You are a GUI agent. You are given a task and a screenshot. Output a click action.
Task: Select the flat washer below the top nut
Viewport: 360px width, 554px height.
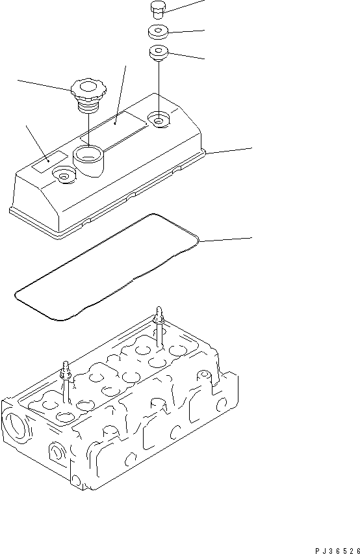click(x=159, y=31)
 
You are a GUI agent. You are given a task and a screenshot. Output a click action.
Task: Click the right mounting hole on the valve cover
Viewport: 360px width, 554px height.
click(x=158, y=118)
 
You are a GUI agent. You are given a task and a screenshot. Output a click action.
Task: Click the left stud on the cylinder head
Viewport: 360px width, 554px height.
click(x=66, y=384)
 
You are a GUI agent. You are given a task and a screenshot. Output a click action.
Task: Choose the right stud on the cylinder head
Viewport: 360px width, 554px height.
click(x=158, y=328)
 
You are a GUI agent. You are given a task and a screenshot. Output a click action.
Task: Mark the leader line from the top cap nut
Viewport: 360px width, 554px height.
click(x=185, y=5)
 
